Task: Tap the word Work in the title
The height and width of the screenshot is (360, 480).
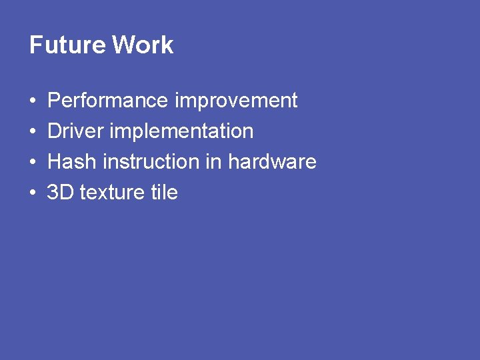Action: [x=143, y=45]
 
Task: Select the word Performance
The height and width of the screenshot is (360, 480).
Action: [x=108, y=101]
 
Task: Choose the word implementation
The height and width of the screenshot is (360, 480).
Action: [x=181, y=131]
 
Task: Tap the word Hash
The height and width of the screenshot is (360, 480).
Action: [x=73, y=162]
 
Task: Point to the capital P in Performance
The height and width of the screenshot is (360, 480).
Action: [x=54, y=101]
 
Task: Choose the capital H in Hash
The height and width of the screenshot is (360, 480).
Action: [x=55, y=162]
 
